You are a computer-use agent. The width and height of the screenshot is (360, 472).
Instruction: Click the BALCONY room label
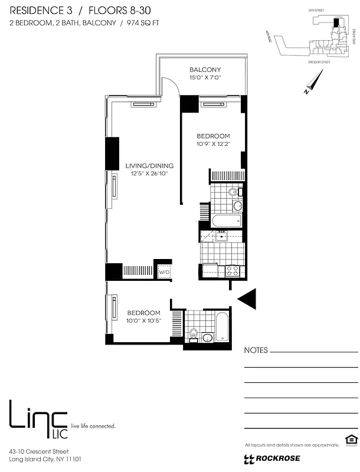tap(205, 70)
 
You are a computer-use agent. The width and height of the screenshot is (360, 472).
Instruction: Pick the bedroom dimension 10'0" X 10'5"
tap(144, 321)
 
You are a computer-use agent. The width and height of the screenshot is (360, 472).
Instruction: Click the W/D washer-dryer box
tap(163, 273)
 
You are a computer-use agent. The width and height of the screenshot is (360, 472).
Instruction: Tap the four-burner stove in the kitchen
tap(233, 271)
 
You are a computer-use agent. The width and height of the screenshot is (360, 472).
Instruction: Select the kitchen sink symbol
tap(221, 237)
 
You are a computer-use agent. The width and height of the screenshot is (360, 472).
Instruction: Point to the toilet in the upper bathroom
tap(233, 192)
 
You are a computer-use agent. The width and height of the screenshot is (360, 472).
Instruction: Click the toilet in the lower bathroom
tap(194, 333)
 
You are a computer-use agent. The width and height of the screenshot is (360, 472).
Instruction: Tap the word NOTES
tap(256, 350)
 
